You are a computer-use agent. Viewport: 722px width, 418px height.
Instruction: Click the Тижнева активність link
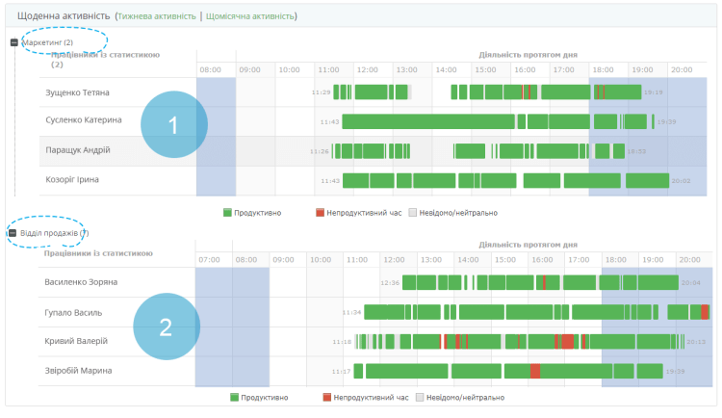pyautogui.click(x=156, y=16)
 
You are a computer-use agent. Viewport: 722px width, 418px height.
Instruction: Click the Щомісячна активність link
pyautogui.click(x=250, y=16)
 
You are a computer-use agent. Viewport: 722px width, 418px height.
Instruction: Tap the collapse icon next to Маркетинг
pyautogui.click(x=13, y=42)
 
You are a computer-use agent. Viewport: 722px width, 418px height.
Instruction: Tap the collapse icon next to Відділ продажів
pyautogui.click(x=13, y=233)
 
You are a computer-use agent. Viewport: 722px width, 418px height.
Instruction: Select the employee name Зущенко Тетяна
pyautogui.click(x=78, y=92)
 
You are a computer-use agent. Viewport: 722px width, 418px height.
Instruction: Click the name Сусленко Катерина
pyautogui.click(x=84, y=120)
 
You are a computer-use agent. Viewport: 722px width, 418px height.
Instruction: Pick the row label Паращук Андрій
pyautogui.click(x=78, y=150)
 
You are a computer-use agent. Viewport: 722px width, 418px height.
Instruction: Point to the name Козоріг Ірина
pyautogui.click(x=72, y=179)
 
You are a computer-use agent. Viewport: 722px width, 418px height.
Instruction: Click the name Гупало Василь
pyautogui.click(x=73, y=312)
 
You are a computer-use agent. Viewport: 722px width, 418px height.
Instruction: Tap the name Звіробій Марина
pyautogui.click(x=78, y=370)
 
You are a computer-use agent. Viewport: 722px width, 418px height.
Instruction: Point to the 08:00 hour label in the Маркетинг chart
pyautogui.click(x=211, y=69)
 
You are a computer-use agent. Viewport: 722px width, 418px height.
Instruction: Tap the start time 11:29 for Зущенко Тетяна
pyautogui.click(x=322, y=92)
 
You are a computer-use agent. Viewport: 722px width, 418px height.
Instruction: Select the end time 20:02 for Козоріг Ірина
pyautogui.click(x=681, y=180)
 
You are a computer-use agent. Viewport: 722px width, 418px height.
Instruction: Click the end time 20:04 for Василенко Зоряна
pyautogui.click(x=691, y=283)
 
